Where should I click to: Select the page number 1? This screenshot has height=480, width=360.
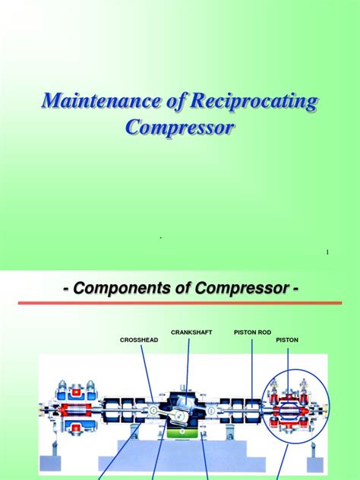tap(327, 251)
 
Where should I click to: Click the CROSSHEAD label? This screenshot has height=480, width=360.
tap(139, 339)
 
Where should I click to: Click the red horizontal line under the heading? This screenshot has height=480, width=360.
tap(180, 304)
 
